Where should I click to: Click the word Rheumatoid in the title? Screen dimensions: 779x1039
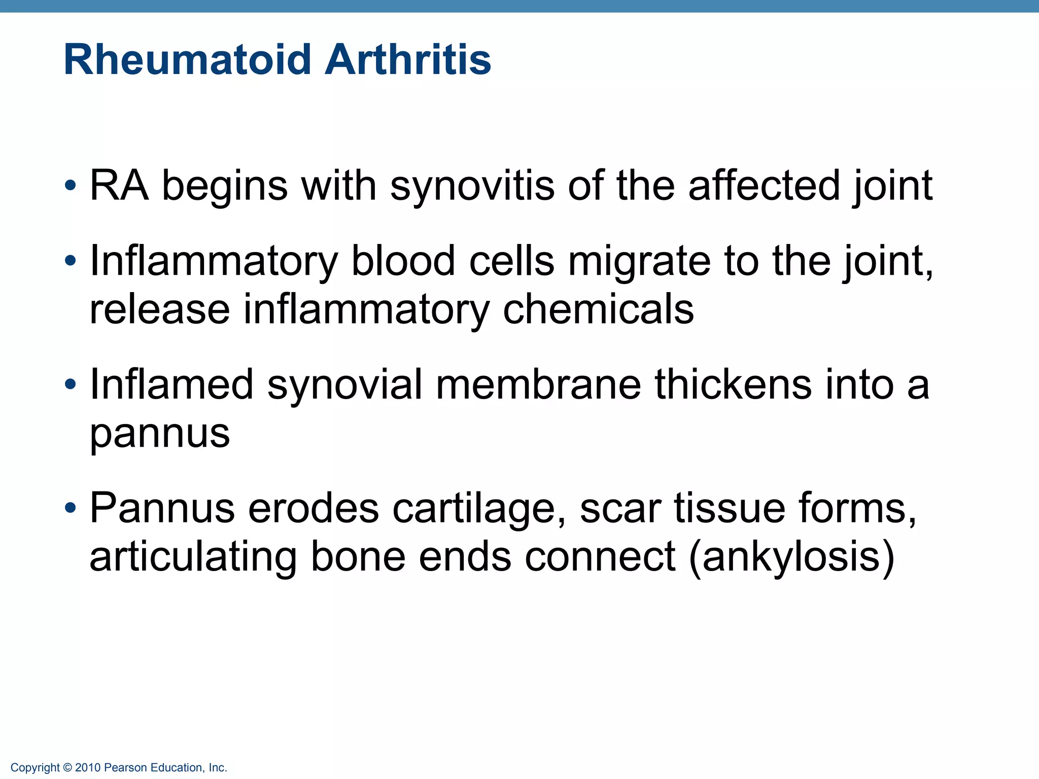[x=187, y=60]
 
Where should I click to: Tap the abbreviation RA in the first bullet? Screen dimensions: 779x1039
[x=119, y=186]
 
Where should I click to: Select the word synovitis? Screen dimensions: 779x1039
[x=472, y=186]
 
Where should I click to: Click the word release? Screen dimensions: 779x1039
[x=159, y=309]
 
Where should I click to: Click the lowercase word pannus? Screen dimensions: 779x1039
[x=159, y=434]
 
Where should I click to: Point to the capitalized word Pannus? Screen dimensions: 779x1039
[x=162, y=508]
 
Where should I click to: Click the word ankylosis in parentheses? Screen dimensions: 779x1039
[x=791, y=557]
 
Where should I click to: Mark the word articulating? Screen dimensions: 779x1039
[x=193, y=557]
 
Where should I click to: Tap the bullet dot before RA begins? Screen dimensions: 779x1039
[x=71, y=186]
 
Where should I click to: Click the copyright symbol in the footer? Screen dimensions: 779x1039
[x=67, y=768]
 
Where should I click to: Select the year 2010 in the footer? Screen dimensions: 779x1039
[x=88, y=768]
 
